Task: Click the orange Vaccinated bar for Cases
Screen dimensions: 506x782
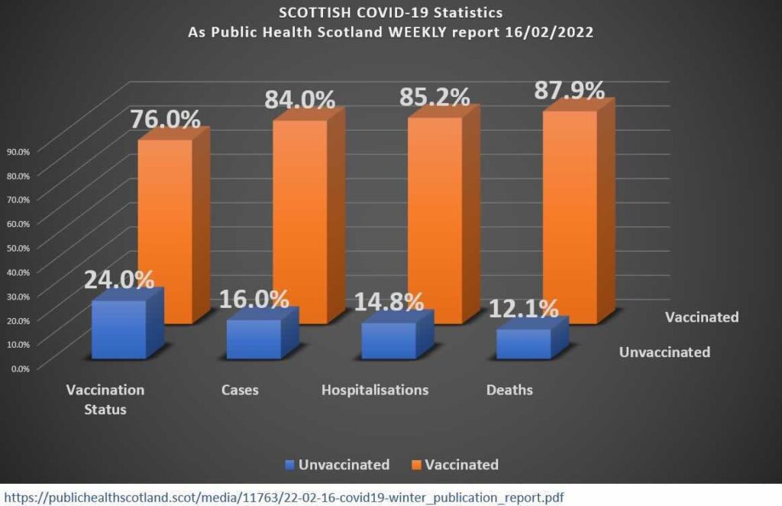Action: (x=299, y=214)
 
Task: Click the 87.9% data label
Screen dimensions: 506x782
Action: (x=568, y=89)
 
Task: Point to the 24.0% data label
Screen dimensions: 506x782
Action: (x=119, y=279)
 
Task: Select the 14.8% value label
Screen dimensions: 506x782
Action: (x=389, y=300)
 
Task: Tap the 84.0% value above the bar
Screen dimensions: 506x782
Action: (x=299, y=99)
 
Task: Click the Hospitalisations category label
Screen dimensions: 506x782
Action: (x=375, y=390)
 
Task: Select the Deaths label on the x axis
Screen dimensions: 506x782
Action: (x=509, y=390)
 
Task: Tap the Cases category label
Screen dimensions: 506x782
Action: (x=240, y=390)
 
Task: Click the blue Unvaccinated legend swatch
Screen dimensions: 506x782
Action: (x=289, y=465)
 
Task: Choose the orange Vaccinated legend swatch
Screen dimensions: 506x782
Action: (x=415, y=465)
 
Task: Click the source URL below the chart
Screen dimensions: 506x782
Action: (x=283, y=497)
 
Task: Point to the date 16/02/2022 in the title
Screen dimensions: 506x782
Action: (x=548, y=34)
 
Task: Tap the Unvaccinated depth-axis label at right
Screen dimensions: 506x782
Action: (x=664, y=352)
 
